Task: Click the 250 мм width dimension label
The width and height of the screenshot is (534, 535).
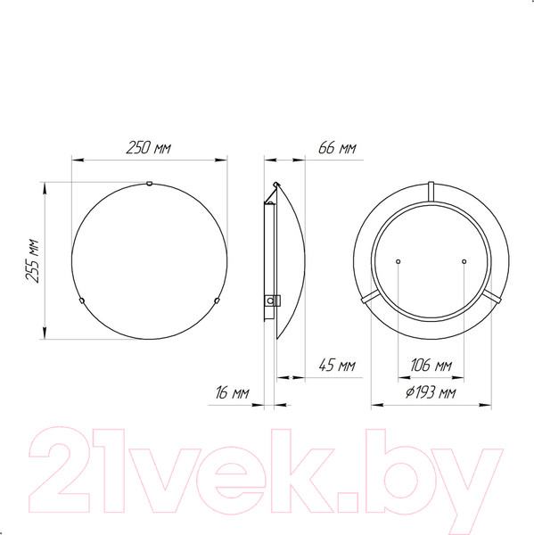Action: (148, 148)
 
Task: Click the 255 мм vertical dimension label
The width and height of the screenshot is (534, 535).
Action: (32, 261)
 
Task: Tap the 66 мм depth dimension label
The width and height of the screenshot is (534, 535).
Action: (337, 148)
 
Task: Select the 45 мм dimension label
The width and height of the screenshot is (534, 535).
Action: (337, 366)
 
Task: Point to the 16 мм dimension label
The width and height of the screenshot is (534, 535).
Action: (232, 392)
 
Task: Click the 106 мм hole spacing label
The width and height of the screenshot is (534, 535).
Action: (431, 366)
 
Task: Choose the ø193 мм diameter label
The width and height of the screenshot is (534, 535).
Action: (431, 392)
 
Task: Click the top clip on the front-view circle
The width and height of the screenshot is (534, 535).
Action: (149, 184)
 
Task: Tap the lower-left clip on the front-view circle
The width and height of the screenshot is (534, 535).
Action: (81, 300)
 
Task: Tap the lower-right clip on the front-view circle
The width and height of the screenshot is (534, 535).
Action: (217, 300)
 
